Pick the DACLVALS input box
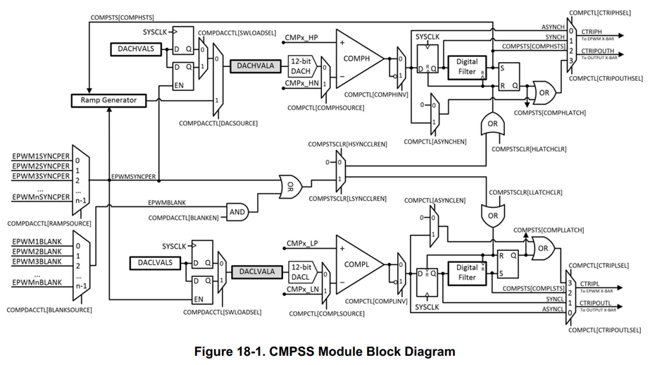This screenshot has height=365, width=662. point(151,263)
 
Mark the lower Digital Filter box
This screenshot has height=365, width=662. point(466,272)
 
